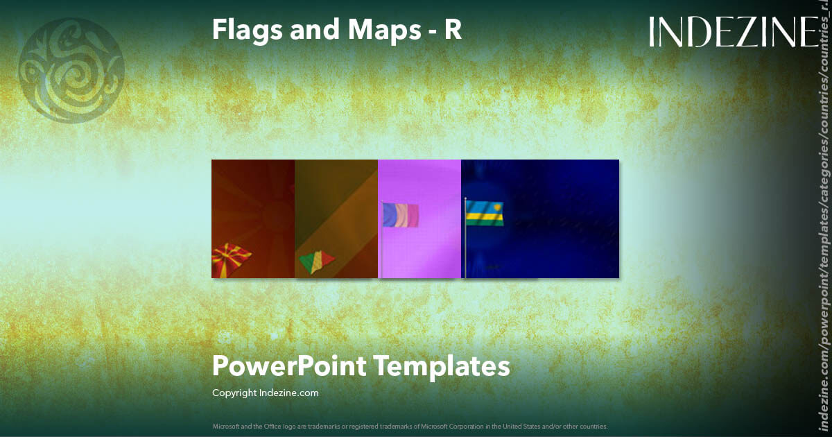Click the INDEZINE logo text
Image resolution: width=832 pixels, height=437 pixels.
733,32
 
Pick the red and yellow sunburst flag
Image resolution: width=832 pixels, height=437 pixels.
231,259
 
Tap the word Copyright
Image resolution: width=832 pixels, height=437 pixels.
234,393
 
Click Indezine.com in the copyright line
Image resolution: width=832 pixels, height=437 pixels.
289,393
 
